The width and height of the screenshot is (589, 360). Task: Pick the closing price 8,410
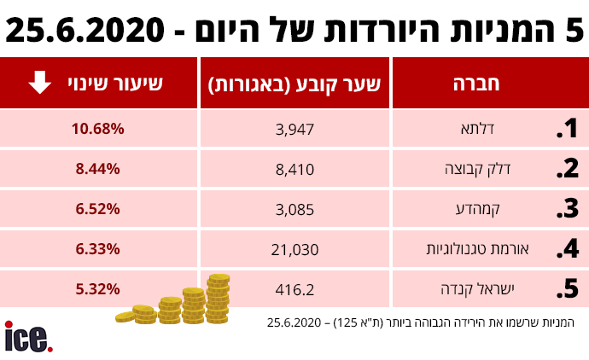pyautogui.click(x=296, y=169)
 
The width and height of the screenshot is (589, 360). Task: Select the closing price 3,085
pyautogui.click(x=296, y=209)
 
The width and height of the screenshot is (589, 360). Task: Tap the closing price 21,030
pyautogui.click(x=296, y=249)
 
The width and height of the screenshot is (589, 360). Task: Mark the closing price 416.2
pyautogui.click(x=296, y=289)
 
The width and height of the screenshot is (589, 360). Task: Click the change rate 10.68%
pyautogui.click(x=99, y=129)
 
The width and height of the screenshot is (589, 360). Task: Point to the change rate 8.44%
pyautogui.click(x=99, y=169)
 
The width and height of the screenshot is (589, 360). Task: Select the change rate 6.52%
pyautogui.click(x=99, y=209)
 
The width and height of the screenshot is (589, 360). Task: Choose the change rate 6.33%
pyautogui.click(x=99, y=249)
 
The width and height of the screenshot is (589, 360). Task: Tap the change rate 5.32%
pyautogui.click(x=99, y=289)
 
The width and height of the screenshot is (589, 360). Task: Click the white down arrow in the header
pyautogui.click(x=38, y=83)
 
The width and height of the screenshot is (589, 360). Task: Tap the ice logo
pyautogui.click(x=28, y=337)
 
